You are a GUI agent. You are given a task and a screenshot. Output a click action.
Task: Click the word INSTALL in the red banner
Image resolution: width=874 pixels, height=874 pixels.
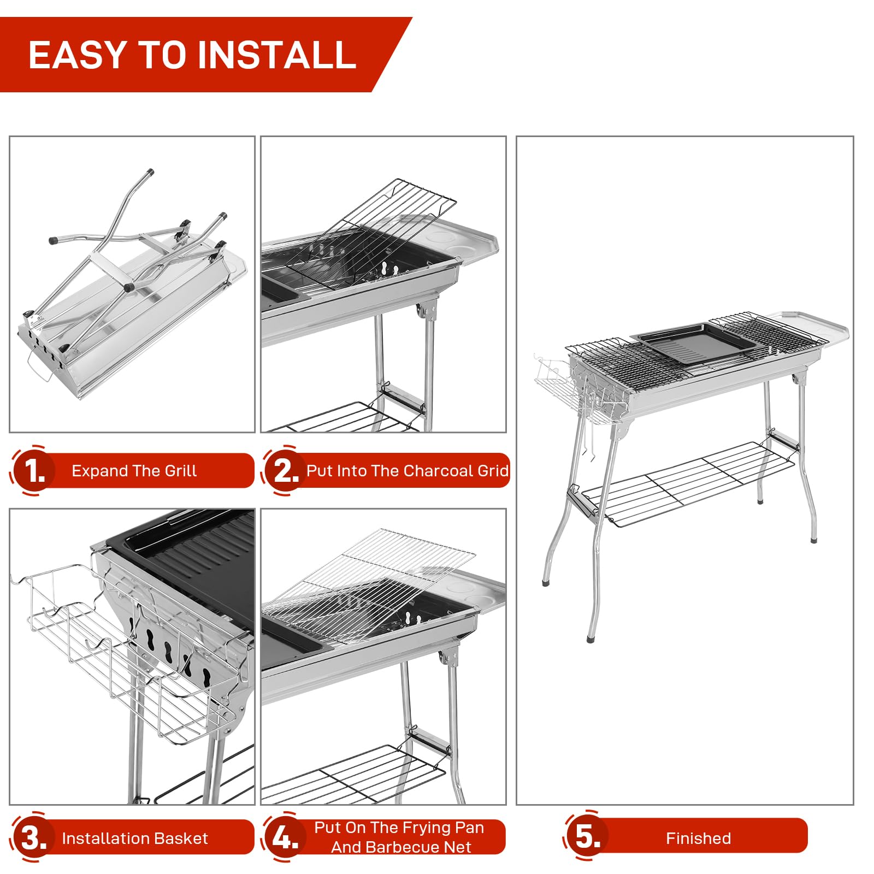pyautogui.click(x=276, y=55)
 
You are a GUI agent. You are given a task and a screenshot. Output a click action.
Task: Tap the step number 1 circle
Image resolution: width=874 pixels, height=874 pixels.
pyautogui.click(x=33, y=470)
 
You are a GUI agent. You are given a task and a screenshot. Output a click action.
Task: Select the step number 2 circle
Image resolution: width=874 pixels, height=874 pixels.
pyautogui.click(x=284, y=470)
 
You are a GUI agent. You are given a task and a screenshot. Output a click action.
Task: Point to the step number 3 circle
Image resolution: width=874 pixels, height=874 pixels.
pyautogui.click(x=33, y=837)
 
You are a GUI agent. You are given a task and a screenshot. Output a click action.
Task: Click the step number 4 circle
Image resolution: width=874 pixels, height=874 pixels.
pyautogui.click(x=284, y=837)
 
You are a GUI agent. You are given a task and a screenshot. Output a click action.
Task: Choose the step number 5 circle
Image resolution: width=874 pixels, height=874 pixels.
pyautogui.click(x=587, y=836)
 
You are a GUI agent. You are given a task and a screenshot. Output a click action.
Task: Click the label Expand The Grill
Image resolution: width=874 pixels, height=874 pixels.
pyautogui.click(x=134, y=471)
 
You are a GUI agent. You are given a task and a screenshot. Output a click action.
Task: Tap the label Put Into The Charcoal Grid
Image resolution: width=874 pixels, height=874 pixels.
pyautogui.click(x=407, y=471)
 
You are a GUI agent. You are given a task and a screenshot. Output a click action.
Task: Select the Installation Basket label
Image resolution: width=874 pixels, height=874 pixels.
pyautogui.click(x=135, y=838)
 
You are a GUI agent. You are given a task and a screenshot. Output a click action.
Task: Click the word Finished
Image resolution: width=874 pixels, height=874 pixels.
pyautogui.click(x=698, y=838)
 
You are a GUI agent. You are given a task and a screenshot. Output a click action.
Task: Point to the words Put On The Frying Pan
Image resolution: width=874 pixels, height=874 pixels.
pyautogui.click(x=399, y=828)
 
